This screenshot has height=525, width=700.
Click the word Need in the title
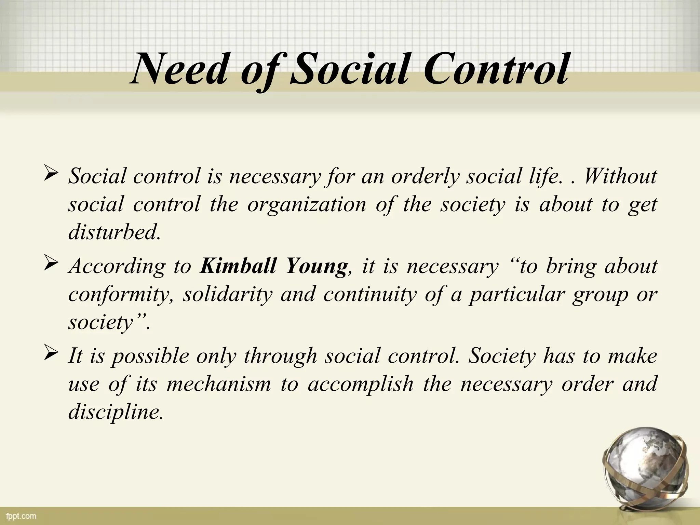[x=178, y=69]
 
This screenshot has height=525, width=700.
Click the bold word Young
[x=316, y=267]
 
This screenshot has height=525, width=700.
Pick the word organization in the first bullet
[x=307, y=205]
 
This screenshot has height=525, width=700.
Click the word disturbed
[x=114, y=233]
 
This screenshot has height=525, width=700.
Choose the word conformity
[x=122, y=295]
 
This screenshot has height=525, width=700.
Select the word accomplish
[x=361, y=384]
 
